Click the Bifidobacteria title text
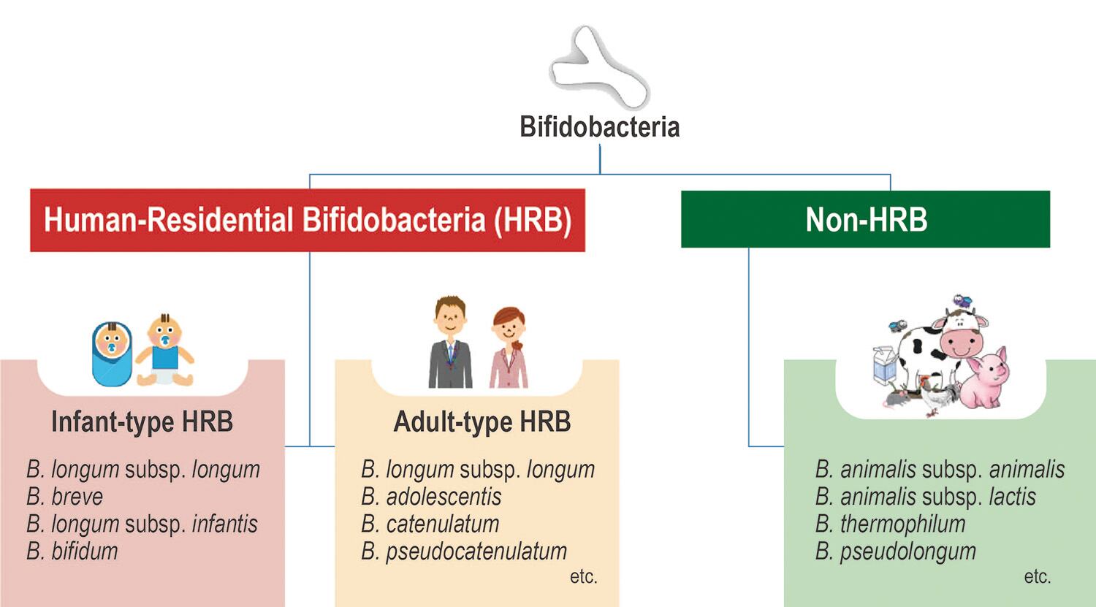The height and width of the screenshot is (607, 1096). [599, 126]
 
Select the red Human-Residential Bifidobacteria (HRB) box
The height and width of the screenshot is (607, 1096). [308, 220]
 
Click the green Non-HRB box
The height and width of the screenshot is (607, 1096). [865, 219]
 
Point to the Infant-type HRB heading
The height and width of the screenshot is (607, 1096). [142, 421]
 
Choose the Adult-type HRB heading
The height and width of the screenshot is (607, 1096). [482, 421]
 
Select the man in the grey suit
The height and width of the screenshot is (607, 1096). [450, 343]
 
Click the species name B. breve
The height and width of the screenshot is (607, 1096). [65, 497]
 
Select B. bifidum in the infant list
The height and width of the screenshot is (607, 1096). [72, 551]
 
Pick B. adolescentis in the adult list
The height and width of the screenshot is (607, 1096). [431, 497]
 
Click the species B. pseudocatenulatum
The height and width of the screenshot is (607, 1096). [464, 551]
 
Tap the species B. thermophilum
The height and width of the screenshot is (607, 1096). [890, 524]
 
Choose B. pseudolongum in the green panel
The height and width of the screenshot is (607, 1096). [895, 551]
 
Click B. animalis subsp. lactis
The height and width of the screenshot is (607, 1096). [925, 497]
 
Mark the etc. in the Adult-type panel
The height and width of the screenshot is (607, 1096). [583, 576]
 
